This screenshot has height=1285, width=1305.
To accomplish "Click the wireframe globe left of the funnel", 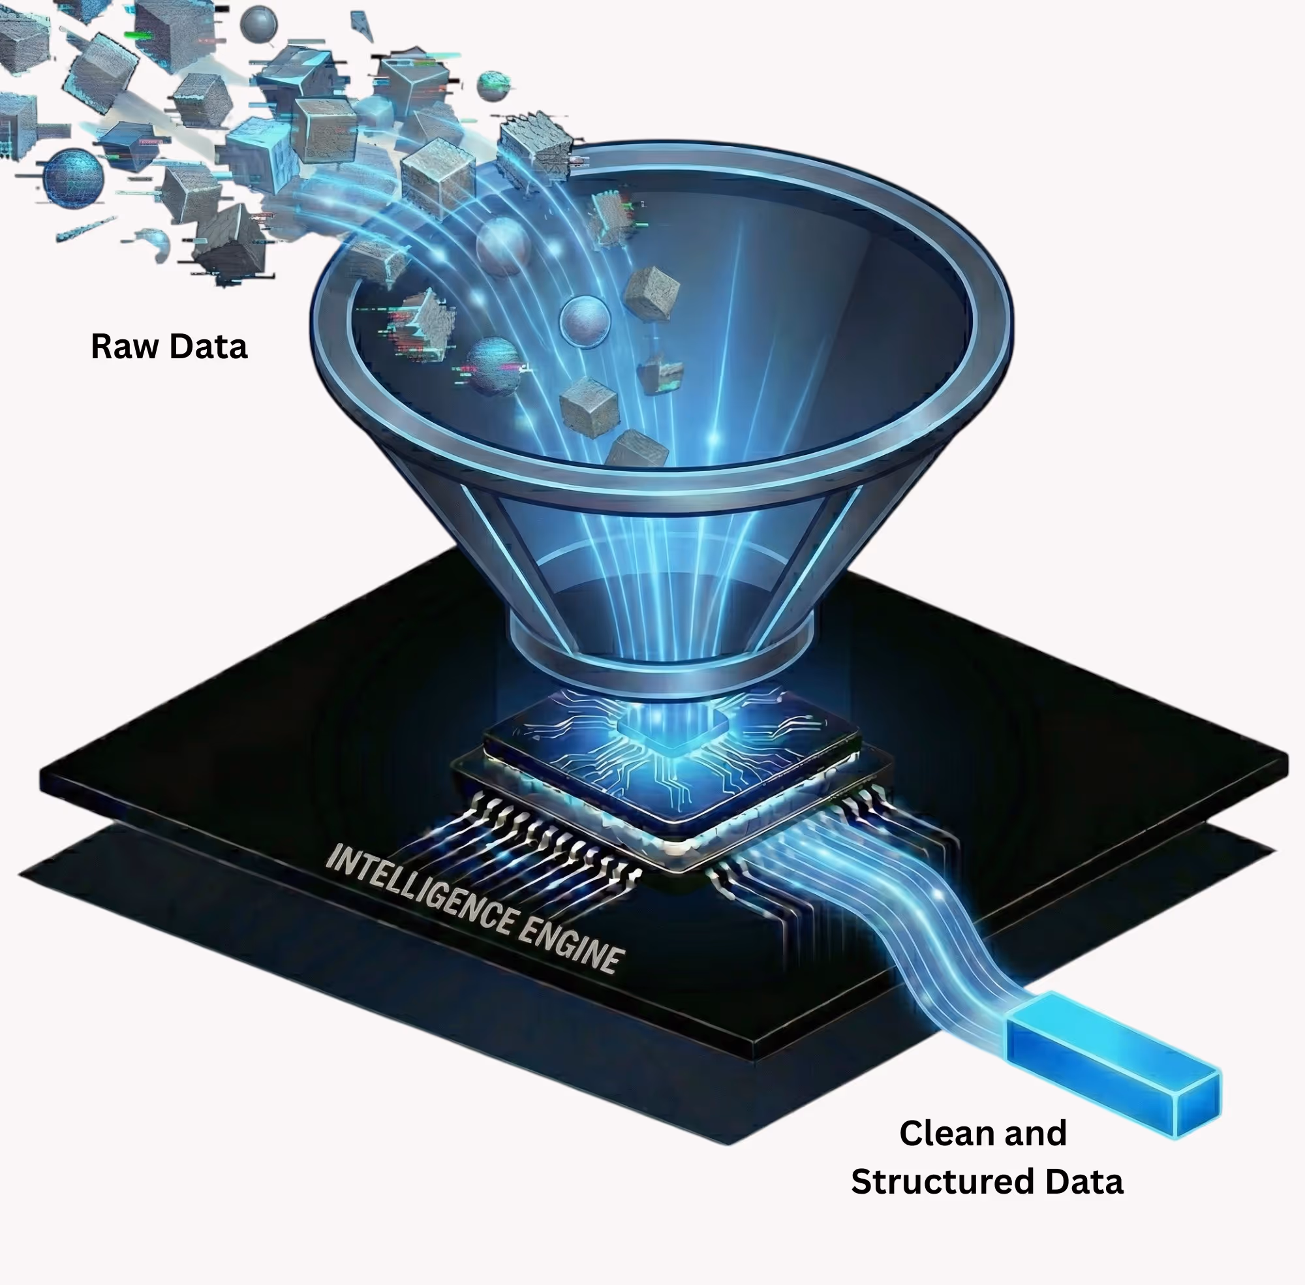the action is click(74, 177).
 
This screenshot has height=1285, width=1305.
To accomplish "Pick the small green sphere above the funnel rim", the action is click(493, 85).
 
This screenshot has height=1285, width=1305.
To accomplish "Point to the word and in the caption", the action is click(1036, 1134).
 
